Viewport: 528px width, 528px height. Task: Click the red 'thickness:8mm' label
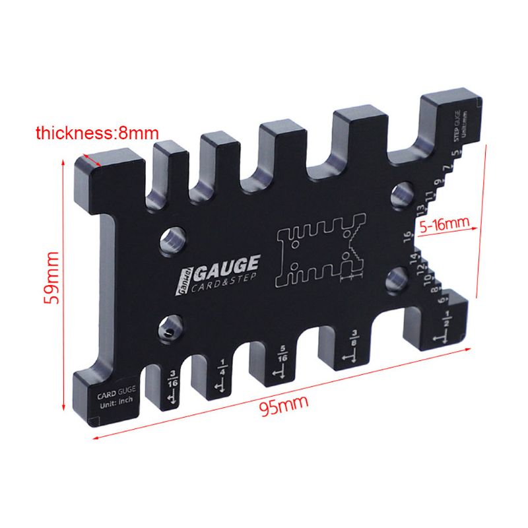point(92,133)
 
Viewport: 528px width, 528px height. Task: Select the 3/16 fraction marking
point(174,379)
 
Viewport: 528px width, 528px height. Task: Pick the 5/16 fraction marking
point(282,353)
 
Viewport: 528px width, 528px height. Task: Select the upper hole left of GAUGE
point(173,239)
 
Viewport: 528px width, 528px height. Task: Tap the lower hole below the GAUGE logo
point(172,328)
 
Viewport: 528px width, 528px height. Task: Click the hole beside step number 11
point(400,193)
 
